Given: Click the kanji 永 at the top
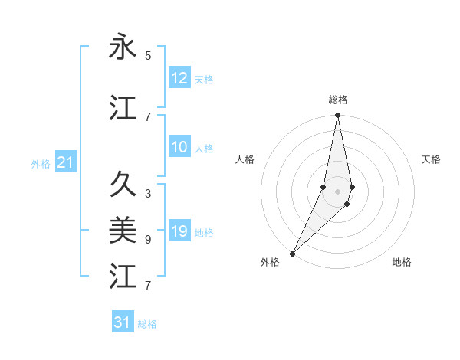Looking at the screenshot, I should [x=123, y=47].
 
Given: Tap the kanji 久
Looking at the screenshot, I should [x=123, y=185].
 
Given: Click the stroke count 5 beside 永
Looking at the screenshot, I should [x=148, y=56].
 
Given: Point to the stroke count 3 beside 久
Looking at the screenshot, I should [x=148, y=194].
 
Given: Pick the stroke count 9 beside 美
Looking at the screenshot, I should [x=148, y=240].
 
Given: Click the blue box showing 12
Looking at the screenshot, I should [x=179, y=78].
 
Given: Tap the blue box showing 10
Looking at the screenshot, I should [x=179, y=148].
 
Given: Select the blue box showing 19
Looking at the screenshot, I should [x=179, y=231].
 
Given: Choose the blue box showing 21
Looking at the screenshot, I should [x=65, y=162].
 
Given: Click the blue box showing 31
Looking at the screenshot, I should [x=123, y=322].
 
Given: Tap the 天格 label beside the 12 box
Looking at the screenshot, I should [x=204, y=79].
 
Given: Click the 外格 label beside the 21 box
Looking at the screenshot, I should [x=41, y=163].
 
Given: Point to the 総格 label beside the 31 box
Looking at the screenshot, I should [x=147, y=324].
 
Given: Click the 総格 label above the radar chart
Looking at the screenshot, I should [x=338, y=100].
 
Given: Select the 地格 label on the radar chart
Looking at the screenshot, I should [x=402, y=262].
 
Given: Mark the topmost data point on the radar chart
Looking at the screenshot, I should [x=337, y=116].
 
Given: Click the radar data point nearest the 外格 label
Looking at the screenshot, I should [x=292, y=253].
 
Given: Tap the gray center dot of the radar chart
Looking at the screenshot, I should [x=337, y=191].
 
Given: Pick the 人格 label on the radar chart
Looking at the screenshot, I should [x=245, y=159].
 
